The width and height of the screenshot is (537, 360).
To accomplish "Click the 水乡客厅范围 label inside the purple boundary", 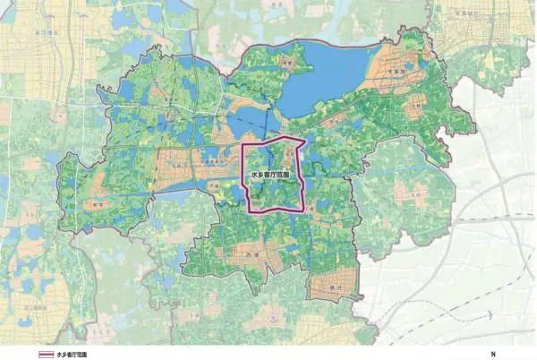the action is [269, 176].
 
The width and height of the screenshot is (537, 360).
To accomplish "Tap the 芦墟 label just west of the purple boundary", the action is [215, 184].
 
